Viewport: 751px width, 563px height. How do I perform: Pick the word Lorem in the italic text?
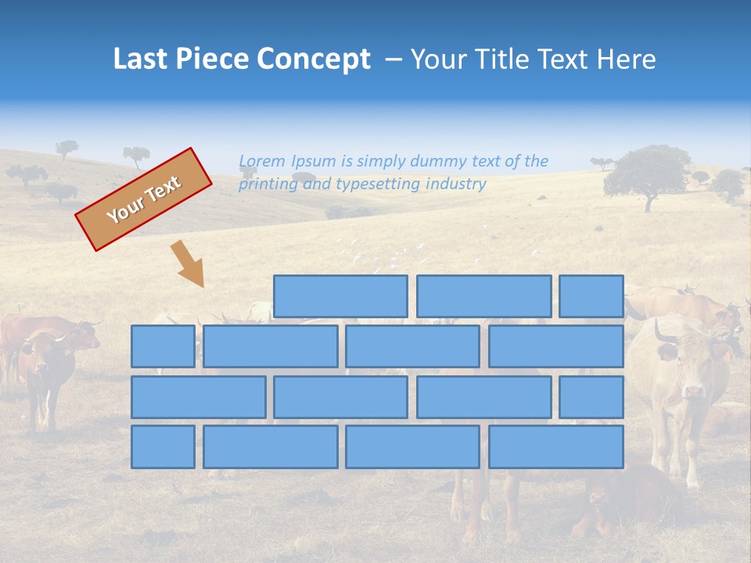point(263,161)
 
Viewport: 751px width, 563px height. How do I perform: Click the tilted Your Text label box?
point(144,199)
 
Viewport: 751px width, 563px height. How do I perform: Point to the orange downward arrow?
point(189,264)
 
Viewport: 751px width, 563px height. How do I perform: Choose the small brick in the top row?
point(591,296)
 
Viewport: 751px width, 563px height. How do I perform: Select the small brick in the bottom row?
point(163,446)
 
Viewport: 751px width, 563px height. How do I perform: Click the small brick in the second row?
point(163,346)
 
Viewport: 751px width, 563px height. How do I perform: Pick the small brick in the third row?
point(591,396)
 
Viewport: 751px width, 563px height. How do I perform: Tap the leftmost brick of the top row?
point(340,296)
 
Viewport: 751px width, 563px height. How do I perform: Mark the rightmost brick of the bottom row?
point(556,446)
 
